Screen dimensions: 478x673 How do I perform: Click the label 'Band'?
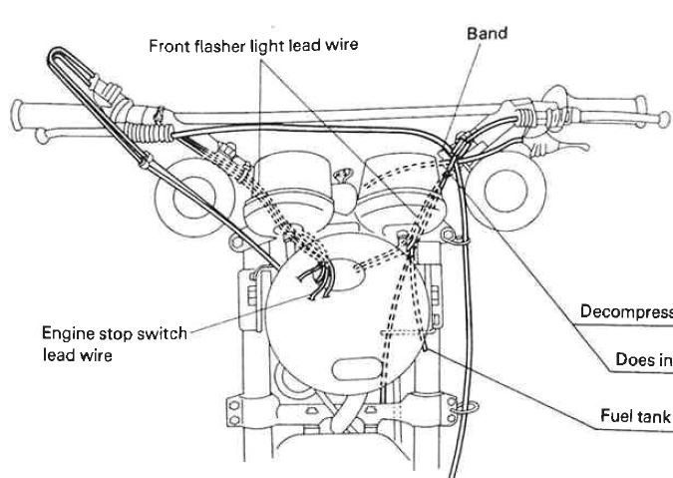coord(489,33)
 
